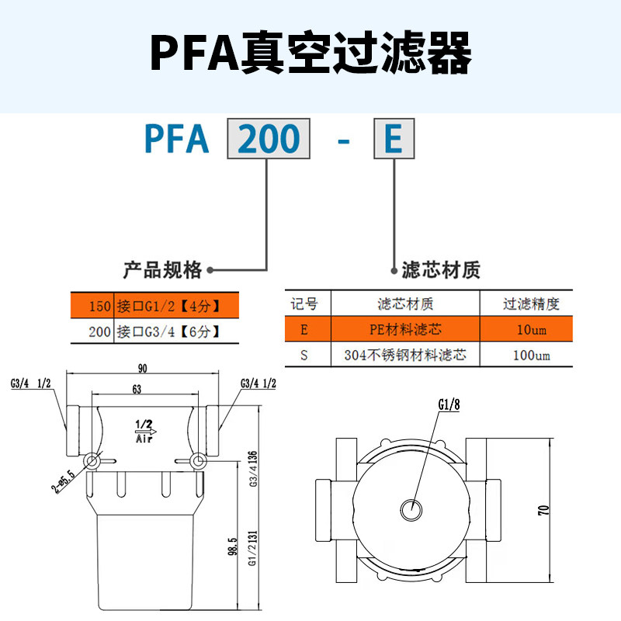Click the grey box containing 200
click(x=269, y=140)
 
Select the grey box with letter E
click(x=394, y=140)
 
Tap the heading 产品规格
click(x=162, y=270)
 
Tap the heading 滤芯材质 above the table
click(x=441, y=270)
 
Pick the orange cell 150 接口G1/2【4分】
click(x=151, y=306)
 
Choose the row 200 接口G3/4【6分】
click(x=151, y=331)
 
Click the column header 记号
click(x=304, y=304)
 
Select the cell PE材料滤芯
click(x=404, y=330)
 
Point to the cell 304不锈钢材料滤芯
click(x=404, y=356)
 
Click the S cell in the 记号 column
click(x=304, y=356)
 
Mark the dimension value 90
click(x=142, y=369)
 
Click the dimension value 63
click(x=136, y=390)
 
